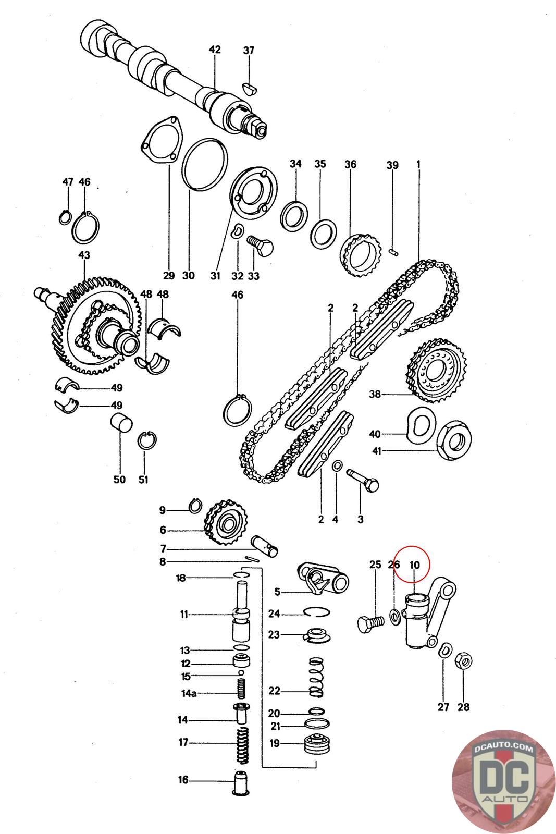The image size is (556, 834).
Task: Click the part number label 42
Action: click(215, 50)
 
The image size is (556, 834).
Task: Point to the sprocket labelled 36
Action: click(360, 255)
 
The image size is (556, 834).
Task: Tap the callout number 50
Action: click(119, 479)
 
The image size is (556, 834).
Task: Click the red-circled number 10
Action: click(415, 565)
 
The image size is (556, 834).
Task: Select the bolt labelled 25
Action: click(370, 623)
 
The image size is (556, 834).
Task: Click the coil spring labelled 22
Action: click(316, 677)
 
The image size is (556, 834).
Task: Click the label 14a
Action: click(188, 694)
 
